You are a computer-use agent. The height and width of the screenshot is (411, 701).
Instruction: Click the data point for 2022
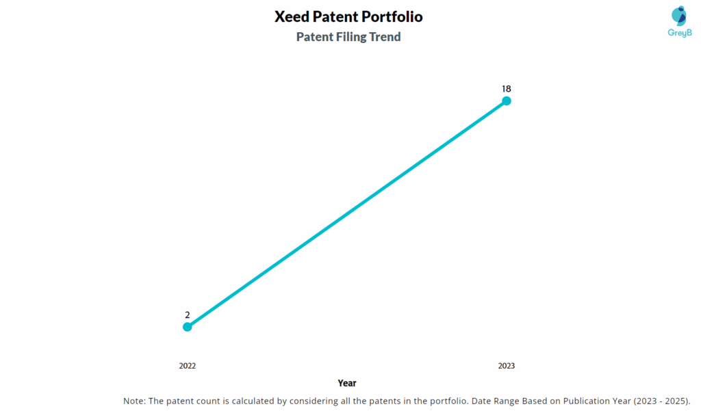pyautogui.click(x=188, y=327)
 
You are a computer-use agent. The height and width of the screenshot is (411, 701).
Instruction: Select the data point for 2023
pyautogui.click(x=507, y=101)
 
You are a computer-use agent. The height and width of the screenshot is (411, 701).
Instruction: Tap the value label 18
pyautogui.click(x=507, y=89)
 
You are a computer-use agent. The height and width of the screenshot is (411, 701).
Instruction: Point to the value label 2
pyautogui.click(x=188, y=315)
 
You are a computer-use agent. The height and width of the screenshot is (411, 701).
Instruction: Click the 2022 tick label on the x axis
pyautogui.click(x=188, y=366)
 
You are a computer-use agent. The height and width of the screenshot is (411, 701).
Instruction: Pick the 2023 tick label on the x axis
pyautogui.click(x=507, y=366)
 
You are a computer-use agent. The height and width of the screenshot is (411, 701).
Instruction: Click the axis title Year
pyautogui.click(x=347, y=383)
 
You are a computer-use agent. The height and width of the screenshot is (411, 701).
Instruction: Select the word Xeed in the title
pyautogui.click(x=292, y=16)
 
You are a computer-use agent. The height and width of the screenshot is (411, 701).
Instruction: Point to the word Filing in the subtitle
pyautogui.click(x=350, y=37)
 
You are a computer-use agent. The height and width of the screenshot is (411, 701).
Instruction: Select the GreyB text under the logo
pyautogui.click(x=678, y=33)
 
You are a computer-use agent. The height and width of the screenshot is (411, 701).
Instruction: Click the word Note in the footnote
pyautogui.click(x=133, y=401)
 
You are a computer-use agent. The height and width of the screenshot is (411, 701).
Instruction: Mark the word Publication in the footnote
pyautogui.click(x=576, y=401)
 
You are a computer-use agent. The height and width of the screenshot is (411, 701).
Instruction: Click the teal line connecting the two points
pyautogui.click(x=347, y=214)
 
